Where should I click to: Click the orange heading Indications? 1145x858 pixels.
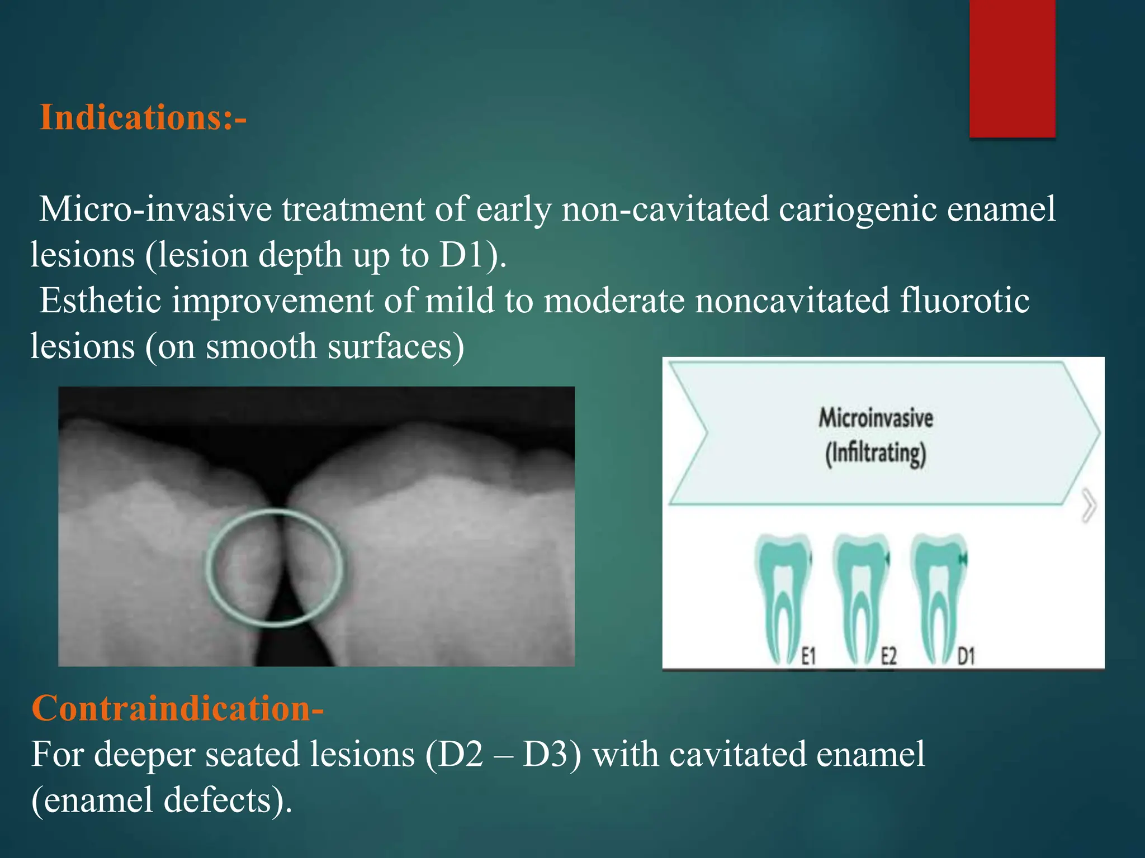[143, 118]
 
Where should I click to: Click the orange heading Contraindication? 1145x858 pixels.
[177, 708]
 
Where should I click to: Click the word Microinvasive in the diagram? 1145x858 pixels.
[876, 418]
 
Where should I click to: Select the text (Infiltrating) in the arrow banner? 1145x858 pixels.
[876, 454]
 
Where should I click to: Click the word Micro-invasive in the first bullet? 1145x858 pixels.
[155, 210]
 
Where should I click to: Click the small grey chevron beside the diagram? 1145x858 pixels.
[1089, 506]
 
